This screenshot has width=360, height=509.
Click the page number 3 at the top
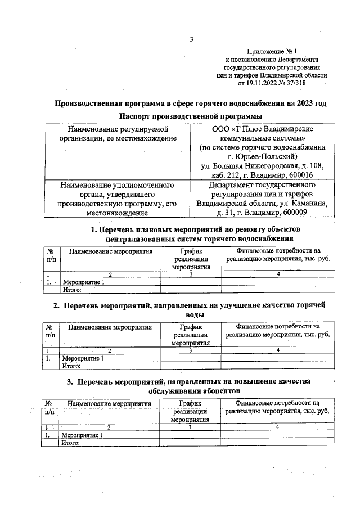pos(191,39)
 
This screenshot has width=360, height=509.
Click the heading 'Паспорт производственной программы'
pos(191,116)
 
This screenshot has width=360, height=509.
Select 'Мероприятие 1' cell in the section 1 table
pos(83,282)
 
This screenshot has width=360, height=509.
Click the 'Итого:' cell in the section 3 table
pos(71,442)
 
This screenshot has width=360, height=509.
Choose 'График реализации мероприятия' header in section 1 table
pos(191,259)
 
